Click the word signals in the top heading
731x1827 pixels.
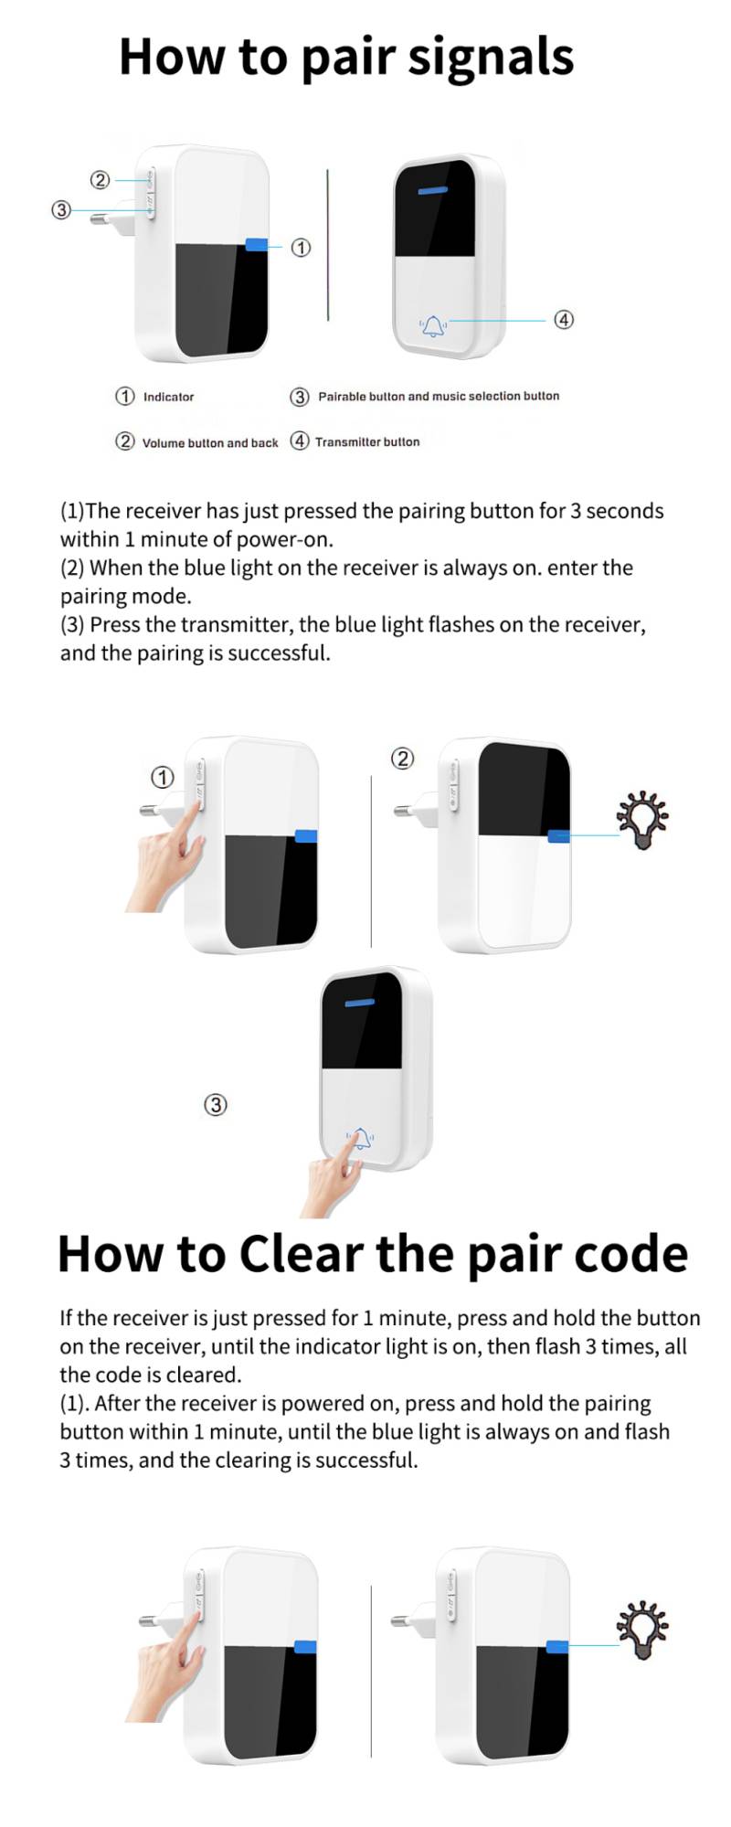(491, 58)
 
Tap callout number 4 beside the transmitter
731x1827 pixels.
(564, 319)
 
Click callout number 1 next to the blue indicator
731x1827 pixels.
(301, 248)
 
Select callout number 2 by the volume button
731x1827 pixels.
(100, 180)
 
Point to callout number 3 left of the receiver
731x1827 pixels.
(61, 209)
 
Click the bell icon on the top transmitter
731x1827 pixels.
(433, 324)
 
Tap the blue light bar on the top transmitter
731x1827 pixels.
(433, 192)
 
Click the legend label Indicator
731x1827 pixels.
(168, 397)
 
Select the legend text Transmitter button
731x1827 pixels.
(367, 441)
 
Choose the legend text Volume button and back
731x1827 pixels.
(210, 442)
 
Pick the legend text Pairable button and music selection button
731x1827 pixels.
(439, 396)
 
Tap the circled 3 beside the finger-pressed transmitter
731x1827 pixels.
(215, 1104)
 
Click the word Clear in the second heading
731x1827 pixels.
(302, 1253)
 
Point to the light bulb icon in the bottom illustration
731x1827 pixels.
(642, 1630)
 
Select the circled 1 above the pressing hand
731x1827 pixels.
(163, 777)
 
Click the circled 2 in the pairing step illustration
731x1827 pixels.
(402, 758)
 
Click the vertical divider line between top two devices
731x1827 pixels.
(328, 244)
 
